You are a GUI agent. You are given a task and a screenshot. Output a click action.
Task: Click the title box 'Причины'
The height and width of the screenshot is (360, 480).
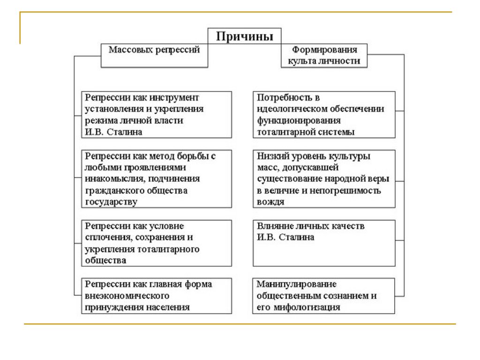[x=244, y=36]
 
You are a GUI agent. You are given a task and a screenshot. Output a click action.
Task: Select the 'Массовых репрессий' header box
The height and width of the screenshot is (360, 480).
[x=154, y=55]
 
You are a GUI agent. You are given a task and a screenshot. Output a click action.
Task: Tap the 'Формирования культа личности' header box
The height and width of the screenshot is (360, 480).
[x=324, y=55]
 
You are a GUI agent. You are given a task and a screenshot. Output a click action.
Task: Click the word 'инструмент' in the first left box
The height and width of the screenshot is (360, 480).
[x=174, y=97]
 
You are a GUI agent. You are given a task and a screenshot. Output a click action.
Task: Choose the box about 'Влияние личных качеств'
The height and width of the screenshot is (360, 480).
[x=324, y=243]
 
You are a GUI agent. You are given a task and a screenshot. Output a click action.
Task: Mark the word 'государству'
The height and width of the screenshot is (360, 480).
[x=111, y=202]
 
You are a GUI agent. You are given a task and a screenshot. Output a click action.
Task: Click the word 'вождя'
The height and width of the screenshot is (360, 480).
[x=270, y=202]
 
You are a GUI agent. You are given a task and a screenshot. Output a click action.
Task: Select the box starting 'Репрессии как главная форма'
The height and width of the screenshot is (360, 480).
[x=157, y=296]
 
